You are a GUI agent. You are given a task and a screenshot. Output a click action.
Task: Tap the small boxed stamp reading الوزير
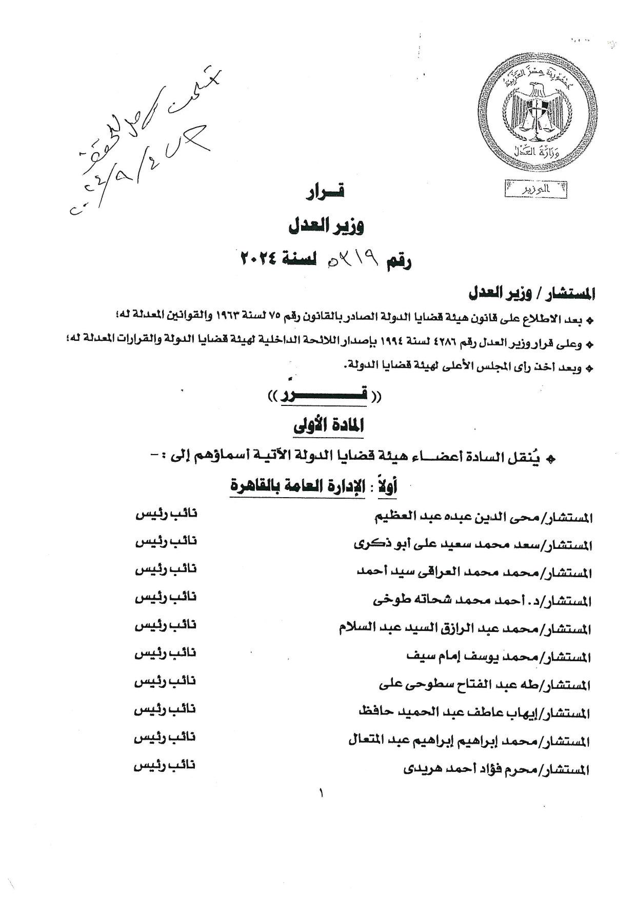point(535,189)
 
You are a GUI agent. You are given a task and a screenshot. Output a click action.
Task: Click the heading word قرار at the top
point(325,192)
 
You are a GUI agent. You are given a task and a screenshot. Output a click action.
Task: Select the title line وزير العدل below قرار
point(326,226)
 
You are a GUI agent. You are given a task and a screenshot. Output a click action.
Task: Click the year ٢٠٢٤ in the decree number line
point(259,259)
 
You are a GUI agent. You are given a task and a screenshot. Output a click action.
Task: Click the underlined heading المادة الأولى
point(329,425)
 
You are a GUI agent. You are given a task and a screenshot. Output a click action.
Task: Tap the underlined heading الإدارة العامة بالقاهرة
point(297,486)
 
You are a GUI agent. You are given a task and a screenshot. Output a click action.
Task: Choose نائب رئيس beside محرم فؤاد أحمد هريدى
point(165,766)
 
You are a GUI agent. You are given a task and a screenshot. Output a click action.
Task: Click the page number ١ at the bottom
point(322,794)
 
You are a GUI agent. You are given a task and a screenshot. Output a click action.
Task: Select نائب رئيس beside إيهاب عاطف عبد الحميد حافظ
point(165,709)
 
